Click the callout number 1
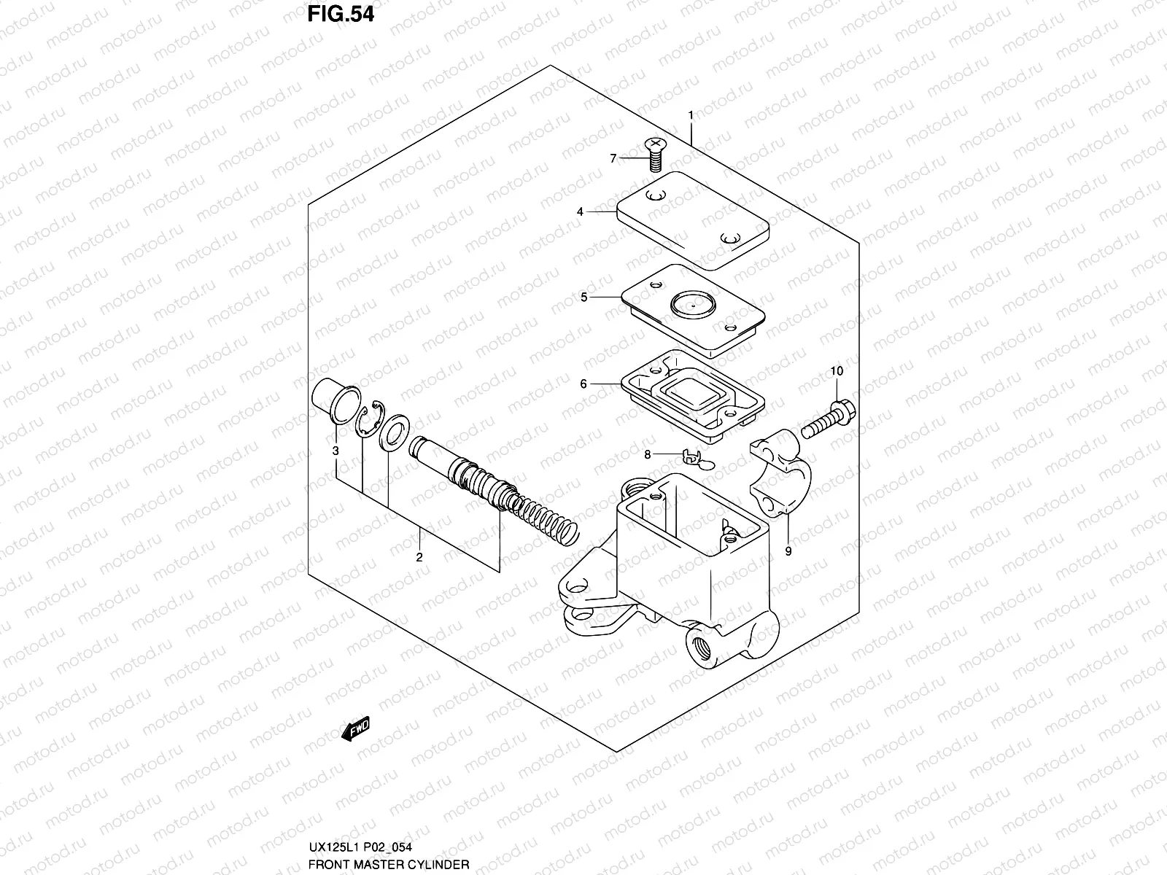click(x=690, y=115)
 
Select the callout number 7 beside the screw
click(x=613, y=158)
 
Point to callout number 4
click(x=580, y=212)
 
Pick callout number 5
click(x=583, y=297)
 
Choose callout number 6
click(x=583, y=384)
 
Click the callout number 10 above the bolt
click(x=836, y=371)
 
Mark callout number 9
click(x=788, y=551)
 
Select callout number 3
click(x=336, y=451)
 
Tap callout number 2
click(x=419, y=558)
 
